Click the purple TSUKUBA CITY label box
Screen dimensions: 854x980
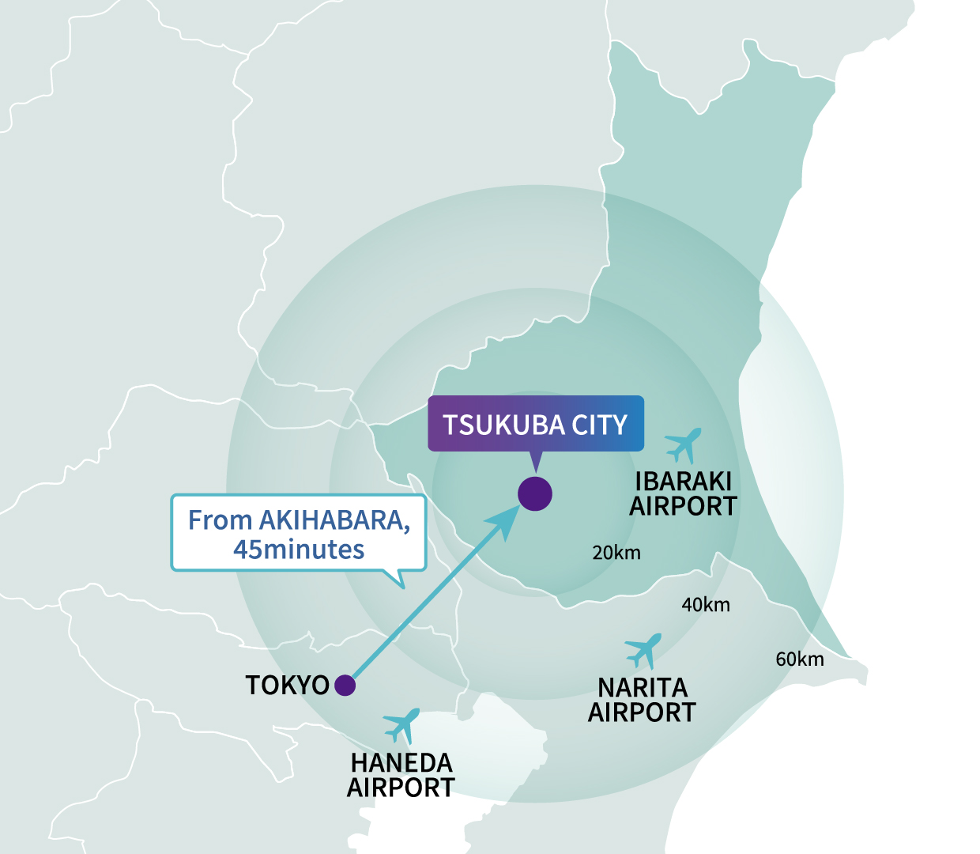coord(536,424)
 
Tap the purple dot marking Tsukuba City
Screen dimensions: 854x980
coord(535,494)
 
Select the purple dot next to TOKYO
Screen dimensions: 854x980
coord(345,685)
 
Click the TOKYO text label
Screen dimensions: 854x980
coord(287,685)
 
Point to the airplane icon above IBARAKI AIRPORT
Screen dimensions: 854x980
coord(683,444)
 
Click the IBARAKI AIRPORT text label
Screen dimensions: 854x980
coord(683,493)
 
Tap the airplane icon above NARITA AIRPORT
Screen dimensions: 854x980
coord(643,650)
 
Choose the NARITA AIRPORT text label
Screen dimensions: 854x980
coord(642,700)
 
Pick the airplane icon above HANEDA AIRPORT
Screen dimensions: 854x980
coord(401,724)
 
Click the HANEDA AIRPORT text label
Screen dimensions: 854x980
coord(401,775)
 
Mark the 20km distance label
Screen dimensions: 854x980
coord(616,553)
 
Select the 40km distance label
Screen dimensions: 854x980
coord(706,605)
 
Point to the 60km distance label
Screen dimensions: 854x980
coord(800,659)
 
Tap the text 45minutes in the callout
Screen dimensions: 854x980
coord(299,550)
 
